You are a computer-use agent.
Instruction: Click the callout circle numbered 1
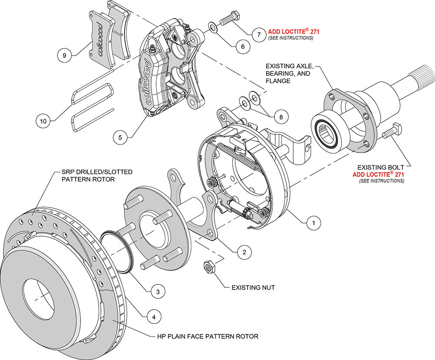tap(311, 223)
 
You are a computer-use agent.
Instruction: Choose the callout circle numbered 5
tap(120, 137)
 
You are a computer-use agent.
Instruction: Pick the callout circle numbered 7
tap(258, 33)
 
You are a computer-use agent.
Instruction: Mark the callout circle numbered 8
tap(281, 117)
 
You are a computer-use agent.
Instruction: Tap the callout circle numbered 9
tap(64, 55)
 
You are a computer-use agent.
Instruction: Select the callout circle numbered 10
tap(43, 121)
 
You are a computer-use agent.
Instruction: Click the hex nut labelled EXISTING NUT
tap(208, 266)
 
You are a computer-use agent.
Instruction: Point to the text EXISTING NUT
tap(253, 287)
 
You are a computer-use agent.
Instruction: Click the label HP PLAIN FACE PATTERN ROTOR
tap(207, 336)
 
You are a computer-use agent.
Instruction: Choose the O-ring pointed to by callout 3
tap(117, 252)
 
